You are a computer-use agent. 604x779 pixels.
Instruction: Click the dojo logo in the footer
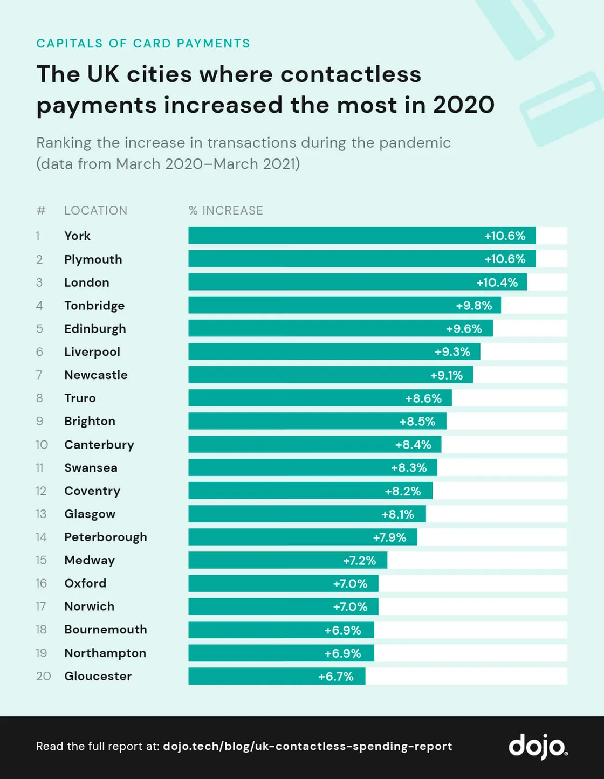click(538, 746)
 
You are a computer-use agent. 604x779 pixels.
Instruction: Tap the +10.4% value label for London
click(497, 282)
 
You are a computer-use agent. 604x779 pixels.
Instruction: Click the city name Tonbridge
click(94, 306)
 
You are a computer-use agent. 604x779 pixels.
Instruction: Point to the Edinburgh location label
click(95, 329)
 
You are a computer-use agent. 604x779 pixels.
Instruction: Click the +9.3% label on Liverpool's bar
click(452, 352)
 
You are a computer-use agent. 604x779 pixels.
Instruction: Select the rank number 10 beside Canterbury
click(42, 445)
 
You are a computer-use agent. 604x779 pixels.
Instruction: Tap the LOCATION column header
click(95, 211)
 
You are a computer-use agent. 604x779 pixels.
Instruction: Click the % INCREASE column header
click(226, 211)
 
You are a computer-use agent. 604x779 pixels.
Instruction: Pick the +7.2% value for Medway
click(359, 561)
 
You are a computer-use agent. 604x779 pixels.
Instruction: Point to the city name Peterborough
click(106, 537)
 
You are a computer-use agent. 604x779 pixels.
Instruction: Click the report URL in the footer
click(307, 746)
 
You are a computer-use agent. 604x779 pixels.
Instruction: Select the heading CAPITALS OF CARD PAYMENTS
click(143, 44)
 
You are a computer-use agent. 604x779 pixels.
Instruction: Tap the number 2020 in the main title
click(463, 105)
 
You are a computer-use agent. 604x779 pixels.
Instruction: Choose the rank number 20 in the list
click(43, 676)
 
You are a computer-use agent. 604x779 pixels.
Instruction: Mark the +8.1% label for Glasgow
click(397, 514)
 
